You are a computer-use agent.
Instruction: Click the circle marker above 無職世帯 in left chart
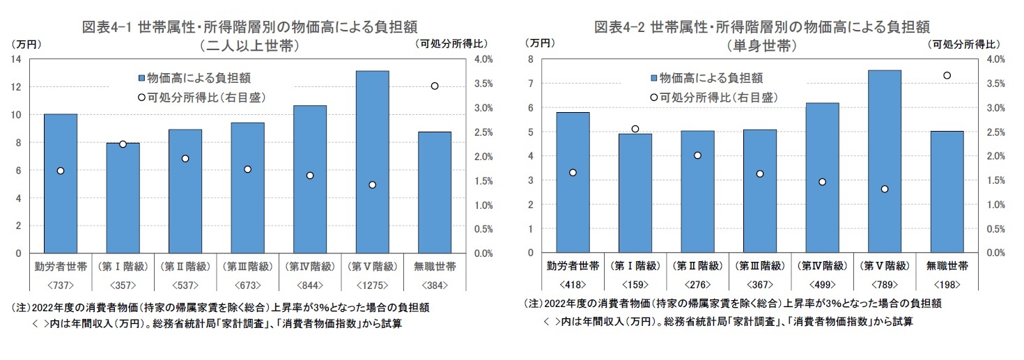click(x=434, y=86)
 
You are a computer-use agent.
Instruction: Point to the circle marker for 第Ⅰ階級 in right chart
click(x=635, y=129)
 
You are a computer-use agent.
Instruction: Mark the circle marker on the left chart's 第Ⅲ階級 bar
click(x=247, y=169)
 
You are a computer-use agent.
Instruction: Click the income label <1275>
click(x=372, y=285)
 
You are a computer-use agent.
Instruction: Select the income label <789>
click(x=884, y=285)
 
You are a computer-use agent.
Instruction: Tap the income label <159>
click(x=635, y=285)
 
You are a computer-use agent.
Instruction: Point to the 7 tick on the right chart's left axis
click(x=531, y=84)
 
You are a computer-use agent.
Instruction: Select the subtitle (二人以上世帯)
click(x=249, y=47)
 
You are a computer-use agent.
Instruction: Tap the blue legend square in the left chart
click(x=141, y=77)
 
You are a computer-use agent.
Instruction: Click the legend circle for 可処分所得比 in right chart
click(x=653, y=96)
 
